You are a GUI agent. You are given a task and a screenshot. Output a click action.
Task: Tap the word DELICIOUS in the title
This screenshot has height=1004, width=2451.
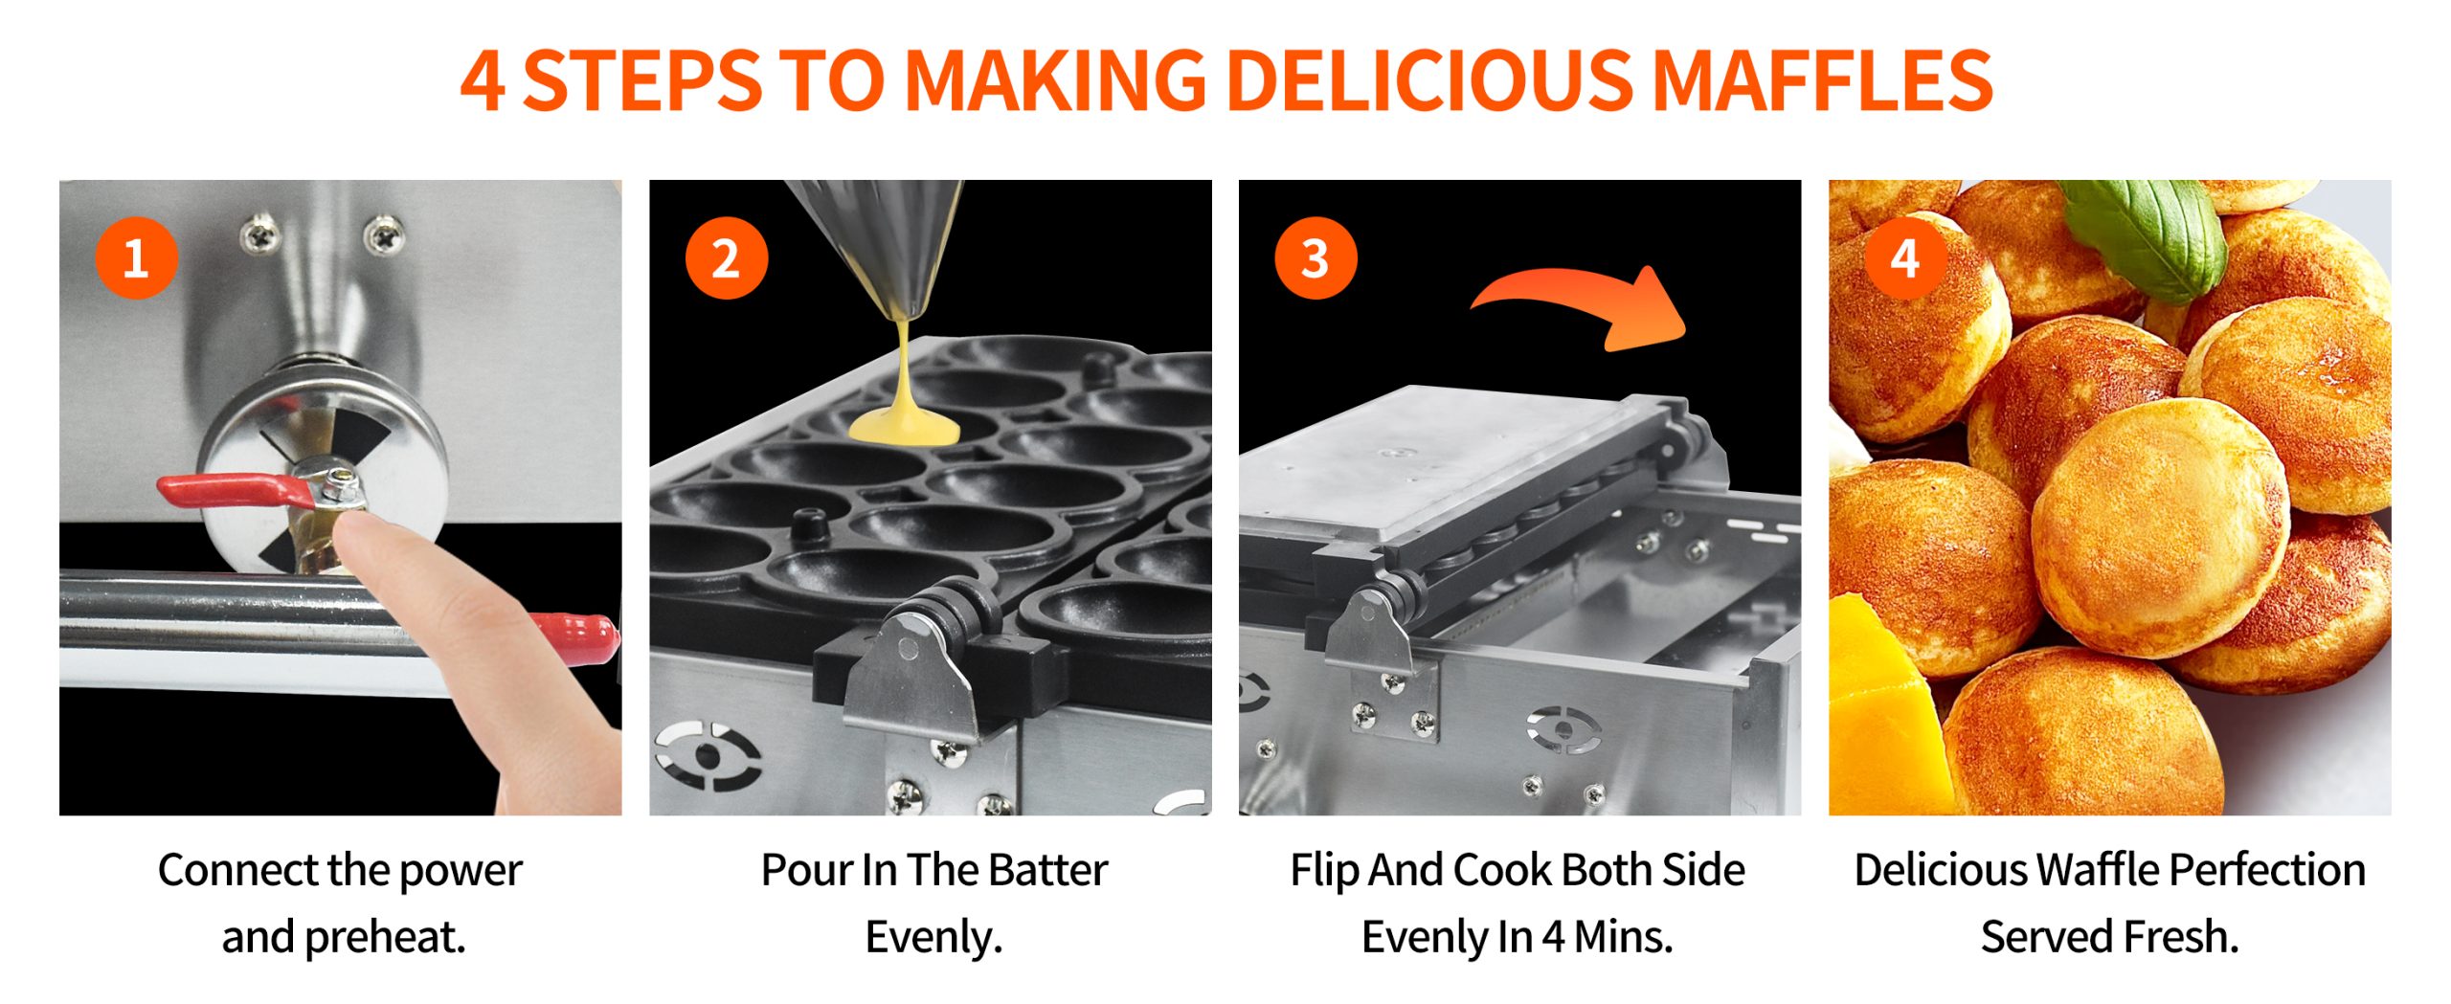(1428, 79)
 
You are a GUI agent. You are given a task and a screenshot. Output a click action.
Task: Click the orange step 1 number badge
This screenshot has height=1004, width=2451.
(137, 258)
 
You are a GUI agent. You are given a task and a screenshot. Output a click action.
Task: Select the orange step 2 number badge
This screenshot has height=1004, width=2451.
(727, 258)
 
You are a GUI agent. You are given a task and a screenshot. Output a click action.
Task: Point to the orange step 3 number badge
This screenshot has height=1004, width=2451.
(1315, 258)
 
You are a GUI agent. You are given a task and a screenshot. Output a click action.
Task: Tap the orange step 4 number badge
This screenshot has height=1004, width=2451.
(1905, 258)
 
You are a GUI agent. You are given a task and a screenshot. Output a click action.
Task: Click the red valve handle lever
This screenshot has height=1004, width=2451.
(236, 491)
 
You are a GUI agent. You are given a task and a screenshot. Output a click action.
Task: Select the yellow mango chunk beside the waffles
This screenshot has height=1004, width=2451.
(1881, 703)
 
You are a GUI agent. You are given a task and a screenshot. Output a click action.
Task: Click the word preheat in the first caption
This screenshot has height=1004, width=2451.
(385, 938)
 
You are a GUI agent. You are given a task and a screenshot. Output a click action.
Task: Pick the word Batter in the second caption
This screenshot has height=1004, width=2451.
(1047, 870)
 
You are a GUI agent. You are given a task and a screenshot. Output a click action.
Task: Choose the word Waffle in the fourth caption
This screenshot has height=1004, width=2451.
(2097, 870)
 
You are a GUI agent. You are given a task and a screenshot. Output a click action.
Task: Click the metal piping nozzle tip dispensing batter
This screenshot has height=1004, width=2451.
(905, 304)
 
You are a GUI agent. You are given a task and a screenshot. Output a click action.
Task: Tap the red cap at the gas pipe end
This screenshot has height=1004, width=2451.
(580, 636)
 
